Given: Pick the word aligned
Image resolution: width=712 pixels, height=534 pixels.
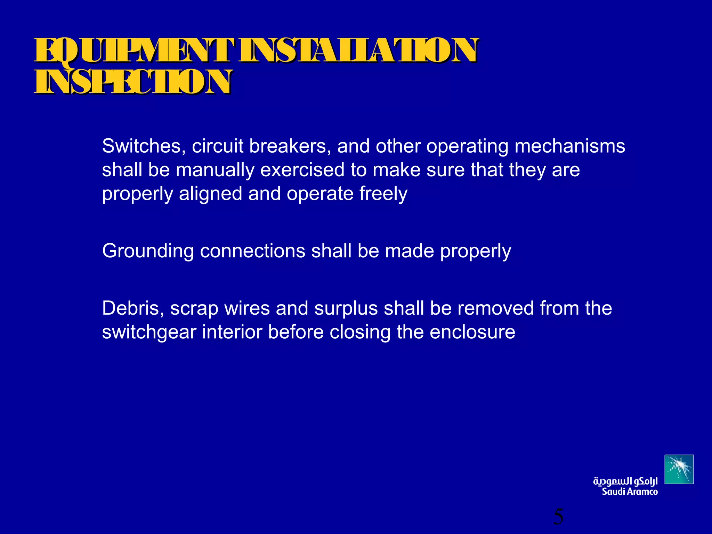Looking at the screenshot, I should pos(210,194).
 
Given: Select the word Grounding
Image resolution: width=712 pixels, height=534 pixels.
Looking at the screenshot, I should pos(148,251).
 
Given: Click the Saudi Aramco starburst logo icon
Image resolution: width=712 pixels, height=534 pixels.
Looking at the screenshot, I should pos(679,469).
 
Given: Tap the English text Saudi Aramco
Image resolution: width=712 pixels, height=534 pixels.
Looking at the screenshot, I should pos(630,492).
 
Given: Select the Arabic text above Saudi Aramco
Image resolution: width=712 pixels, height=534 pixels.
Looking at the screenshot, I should pos(625,482).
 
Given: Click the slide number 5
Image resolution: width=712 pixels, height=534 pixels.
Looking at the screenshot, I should pos(558,517).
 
